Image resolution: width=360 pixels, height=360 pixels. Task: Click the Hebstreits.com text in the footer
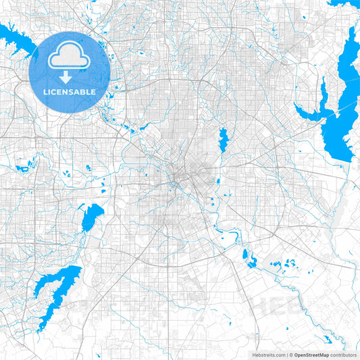coord(267,355)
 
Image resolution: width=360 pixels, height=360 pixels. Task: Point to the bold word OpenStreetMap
coord(311,355)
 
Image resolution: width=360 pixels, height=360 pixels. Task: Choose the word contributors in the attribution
coord(343,355)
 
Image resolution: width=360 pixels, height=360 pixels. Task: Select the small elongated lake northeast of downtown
coord(224,139)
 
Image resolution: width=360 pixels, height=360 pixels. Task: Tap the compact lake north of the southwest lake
coord(91,217)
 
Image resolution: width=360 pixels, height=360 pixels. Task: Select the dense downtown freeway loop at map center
coord(179,179)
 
